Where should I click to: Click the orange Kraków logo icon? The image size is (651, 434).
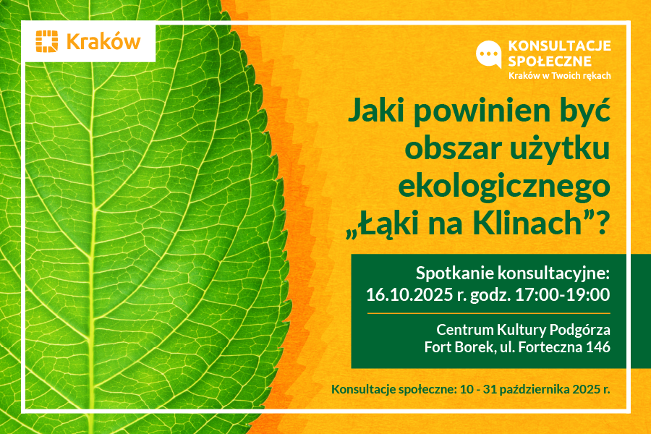[x=46, y=41]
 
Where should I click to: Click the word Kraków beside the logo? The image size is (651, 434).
[x=103, y=42]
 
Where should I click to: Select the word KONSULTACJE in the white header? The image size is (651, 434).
[x=559, y=46]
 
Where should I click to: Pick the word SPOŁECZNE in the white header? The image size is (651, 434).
[x=550, y=61]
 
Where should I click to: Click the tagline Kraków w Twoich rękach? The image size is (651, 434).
[x=560, y=75]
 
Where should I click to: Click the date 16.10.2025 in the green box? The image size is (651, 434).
[x=409, y=294]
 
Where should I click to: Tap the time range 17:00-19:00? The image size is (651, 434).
[x=563, y=294]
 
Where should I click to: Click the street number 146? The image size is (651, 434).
[x=598, y=346]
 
